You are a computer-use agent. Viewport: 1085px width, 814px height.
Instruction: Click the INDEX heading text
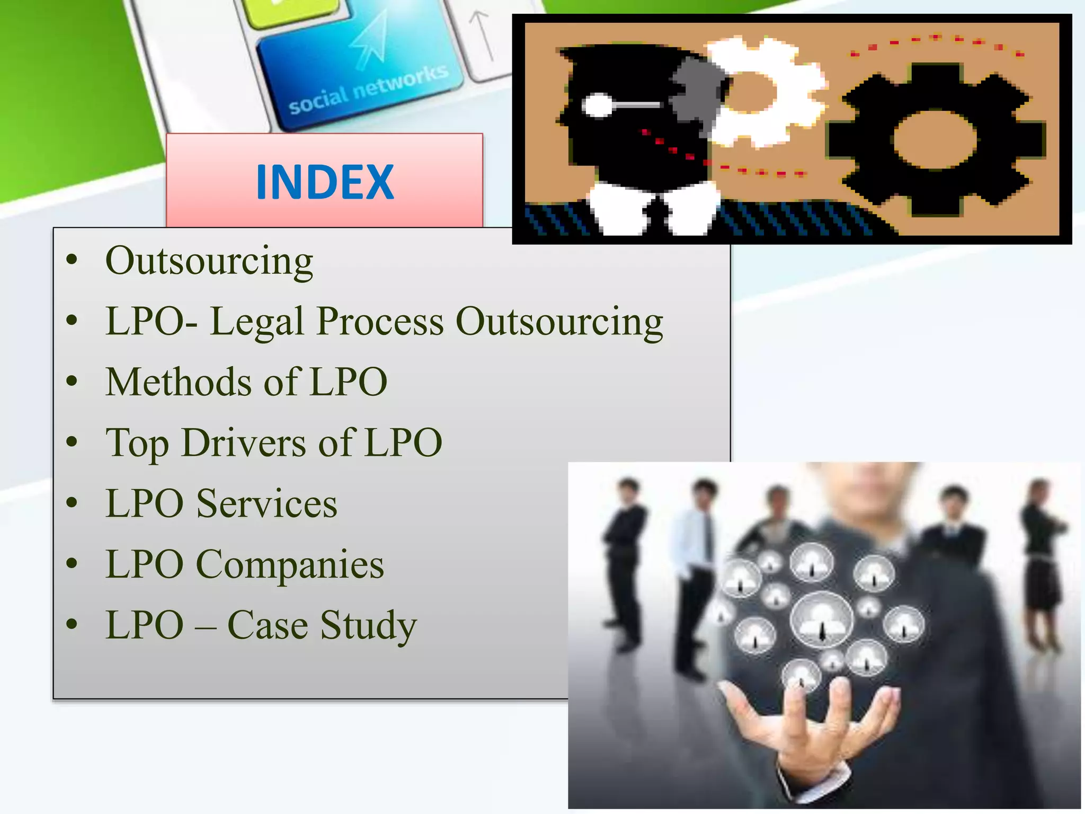point(325,182)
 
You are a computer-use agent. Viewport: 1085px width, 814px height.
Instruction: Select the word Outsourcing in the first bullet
point(209,261)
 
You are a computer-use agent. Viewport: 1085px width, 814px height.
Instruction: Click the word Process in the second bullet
point(380,322)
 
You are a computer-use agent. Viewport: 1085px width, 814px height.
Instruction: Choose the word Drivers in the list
point(244,443)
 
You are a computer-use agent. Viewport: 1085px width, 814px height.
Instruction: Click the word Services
point(266,503)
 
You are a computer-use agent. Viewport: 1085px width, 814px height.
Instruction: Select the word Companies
point(290,564)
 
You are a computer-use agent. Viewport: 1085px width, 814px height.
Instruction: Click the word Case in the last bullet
point(268,625)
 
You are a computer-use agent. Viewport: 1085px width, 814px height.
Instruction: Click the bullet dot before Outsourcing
point(72,261)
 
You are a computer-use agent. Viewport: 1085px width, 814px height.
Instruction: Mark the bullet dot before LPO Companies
point(72,564)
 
